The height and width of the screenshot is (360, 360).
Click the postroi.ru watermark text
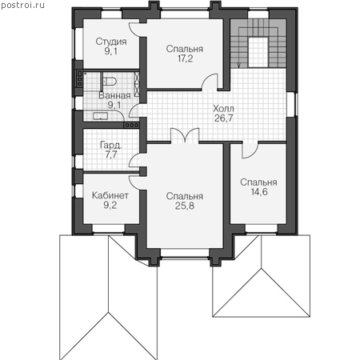pos(22,6)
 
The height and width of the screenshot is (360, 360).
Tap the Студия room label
pos(111,42)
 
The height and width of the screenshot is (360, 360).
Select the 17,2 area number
pos(185,58)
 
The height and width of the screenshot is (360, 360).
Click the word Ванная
pos(114,95)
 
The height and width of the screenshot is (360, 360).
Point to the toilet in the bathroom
pos(110,82)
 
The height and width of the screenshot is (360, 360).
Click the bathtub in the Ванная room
pos(101,116)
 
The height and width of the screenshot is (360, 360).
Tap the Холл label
pos(223,109)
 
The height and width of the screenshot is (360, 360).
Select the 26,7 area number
pos(223,118)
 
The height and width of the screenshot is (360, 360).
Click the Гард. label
pos(111,146)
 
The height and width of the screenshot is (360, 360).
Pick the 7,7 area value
pos(111,154)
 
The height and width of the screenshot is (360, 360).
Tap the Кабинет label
pos(110,195)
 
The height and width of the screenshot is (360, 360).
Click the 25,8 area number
pos(185,206)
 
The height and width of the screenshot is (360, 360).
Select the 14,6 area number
pos(259,192)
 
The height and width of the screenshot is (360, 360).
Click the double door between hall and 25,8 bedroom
pos(185,135)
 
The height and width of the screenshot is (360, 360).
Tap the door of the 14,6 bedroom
pos(250,150)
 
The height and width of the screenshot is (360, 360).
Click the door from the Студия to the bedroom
pos(134,30)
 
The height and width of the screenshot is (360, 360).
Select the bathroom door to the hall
pos(134,111)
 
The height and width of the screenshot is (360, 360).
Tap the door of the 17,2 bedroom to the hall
pos(210,82)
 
